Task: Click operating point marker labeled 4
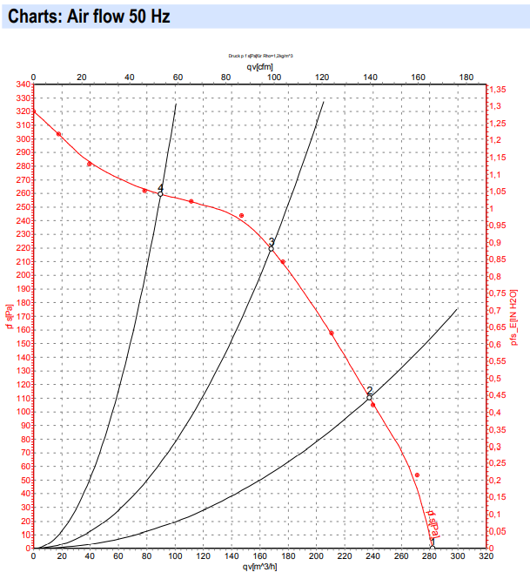point(160,194)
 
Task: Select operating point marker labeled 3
point(271,248)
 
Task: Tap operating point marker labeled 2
point(369,397)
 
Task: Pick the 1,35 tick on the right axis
point(498,90)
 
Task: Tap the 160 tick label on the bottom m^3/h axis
point(259,556)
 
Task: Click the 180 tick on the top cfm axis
point(466,77)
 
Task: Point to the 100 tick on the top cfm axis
point(274,77)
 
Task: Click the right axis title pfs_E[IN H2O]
point(514,318)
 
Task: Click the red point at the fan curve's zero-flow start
point(33,112)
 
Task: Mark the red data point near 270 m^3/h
point(418,475)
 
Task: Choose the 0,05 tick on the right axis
point(498,531)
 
